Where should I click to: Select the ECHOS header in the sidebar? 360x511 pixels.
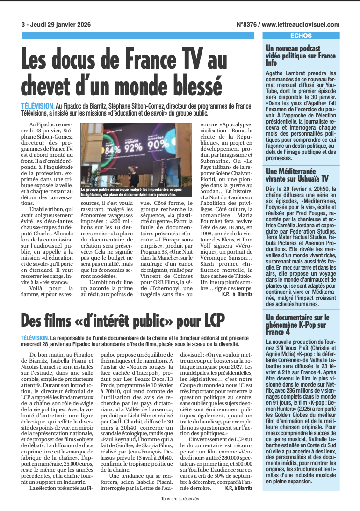pyautogui.click(x=301, y=36)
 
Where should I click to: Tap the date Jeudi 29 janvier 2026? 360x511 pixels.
pyautogui.click(x=61, y=25)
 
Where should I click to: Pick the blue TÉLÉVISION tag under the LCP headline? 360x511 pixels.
pyautogui.click(x=35, y=338)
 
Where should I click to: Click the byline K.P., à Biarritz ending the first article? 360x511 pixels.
pyautogui.click(x=238, y=294)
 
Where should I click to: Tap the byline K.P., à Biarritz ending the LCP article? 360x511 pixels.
pyautogui.click(x=238, y=488)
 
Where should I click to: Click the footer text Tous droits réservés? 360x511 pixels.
pyautogui.click(x=180, y=499)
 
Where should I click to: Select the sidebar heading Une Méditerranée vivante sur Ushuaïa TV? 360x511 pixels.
pyautogui.click(x=297, y=175)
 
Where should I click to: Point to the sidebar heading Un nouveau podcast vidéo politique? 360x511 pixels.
pyautogui.click(x=301, y=55)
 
